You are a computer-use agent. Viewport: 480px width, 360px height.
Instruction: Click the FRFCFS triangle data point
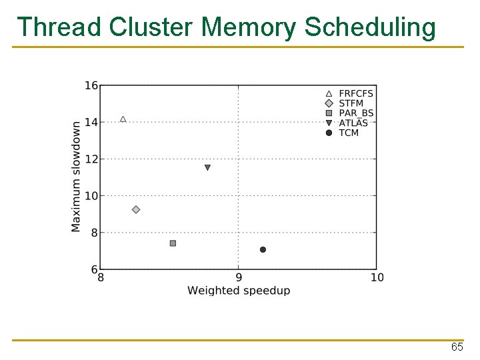123,119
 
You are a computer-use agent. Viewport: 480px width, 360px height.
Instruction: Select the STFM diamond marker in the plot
136,209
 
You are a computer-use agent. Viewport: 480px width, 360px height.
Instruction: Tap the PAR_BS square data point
173,243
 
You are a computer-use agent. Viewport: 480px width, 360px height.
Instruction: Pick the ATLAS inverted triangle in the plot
207,168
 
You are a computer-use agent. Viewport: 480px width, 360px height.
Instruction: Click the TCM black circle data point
263,249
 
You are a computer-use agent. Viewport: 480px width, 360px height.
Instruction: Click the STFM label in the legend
351,103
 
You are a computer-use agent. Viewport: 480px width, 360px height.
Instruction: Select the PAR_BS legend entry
356,113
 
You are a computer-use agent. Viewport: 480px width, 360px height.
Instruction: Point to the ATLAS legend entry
353,123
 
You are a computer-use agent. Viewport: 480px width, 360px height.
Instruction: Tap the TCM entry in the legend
349,133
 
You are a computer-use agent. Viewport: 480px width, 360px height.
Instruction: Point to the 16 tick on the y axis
91,85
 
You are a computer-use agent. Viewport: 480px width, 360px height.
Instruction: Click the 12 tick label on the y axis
91,159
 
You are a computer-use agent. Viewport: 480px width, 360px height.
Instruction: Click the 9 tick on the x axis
239,277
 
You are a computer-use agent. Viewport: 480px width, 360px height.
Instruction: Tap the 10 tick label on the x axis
377,277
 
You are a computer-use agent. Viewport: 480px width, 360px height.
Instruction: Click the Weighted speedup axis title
239,291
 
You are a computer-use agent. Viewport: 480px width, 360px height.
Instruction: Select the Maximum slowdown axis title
76,177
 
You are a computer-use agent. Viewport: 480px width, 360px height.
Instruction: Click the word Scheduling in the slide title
370,28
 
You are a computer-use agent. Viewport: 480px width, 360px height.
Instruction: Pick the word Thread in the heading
59,27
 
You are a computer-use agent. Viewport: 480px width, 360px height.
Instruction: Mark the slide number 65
457,348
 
